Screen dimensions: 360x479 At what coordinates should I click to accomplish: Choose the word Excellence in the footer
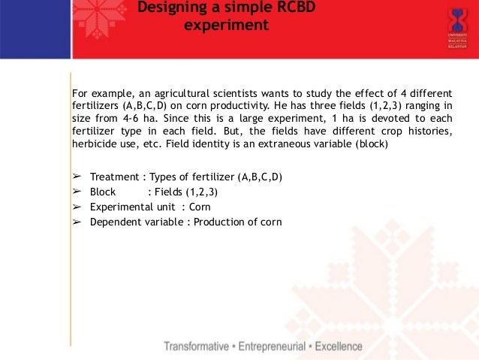point(339,347)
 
